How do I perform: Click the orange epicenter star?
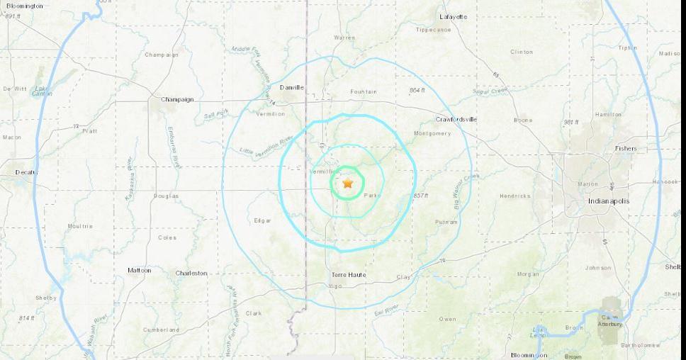click(348, 184)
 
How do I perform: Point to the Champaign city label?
click(176, 99)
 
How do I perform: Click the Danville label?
click(291, 87)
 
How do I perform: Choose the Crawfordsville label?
click(456, 119)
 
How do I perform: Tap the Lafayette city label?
click(454, 16)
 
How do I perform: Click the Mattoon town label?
click(139, 270)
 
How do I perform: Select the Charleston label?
click(191, 273)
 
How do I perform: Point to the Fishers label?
click(626, 148)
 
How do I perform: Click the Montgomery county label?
click(432, 133)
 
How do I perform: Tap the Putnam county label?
click(446, 222)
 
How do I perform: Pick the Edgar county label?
click(262, 220)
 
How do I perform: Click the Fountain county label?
click(364, 91)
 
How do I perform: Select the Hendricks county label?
click(514, 196)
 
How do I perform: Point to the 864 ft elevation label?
click(417, 90)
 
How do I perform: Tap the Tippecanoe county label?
click(433, 30)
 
